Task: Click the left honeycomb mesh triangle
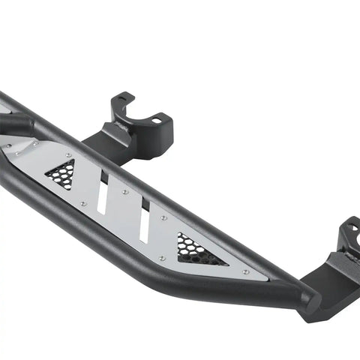pyautogui.click(x=62, y=175)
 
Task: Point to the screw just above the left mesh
pyautogui.click(x=69, y=156)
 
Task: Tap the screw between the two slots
pyautogui.click(x=125, y=192)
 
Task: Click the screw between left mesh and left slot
pyautogui.click(x=83, y=203)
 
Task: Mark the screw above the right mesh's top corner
pyautogui.click(x=163, y=218)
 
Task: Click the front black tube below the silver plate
pyautogui.click(x=150, y=247)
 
